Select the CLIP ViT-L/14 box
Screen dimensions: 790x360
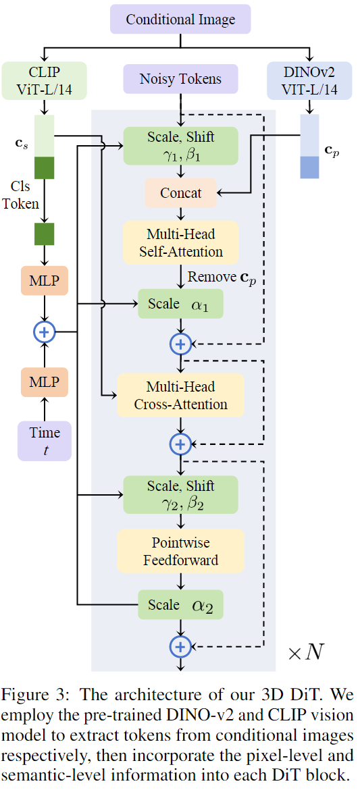point(44,79)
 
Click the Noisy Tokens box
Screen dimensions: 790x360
point(180,79)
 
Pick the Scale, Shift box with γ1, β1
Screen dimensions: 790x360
point(180,145)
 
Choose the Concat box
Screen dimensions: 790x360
point(180,193)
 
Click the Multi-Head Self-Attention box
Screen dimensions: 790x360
point(180,243)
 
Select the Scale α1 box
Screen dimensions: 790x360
point(180,304)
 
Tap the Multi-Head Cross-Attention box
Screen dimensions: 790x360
point(180,396)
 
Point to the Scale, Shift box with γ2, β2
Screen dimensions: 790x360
point(180,494)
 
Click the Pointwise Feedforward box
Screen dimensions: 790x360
point(180,551)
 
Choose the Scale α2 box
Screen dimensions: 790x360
point(180,605)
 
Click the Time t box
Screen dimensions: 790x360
point(45,441)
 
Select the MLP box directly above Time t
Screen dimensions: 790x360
point(45,382)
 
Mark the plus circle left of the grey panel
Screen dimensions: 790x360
point(45,332)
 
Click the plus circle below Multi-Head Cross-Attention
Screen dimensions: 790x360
point(180,444)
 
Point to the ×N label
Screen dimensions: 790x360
point(306,652)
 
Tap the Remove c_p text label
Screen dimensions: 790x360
point(221,277)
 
